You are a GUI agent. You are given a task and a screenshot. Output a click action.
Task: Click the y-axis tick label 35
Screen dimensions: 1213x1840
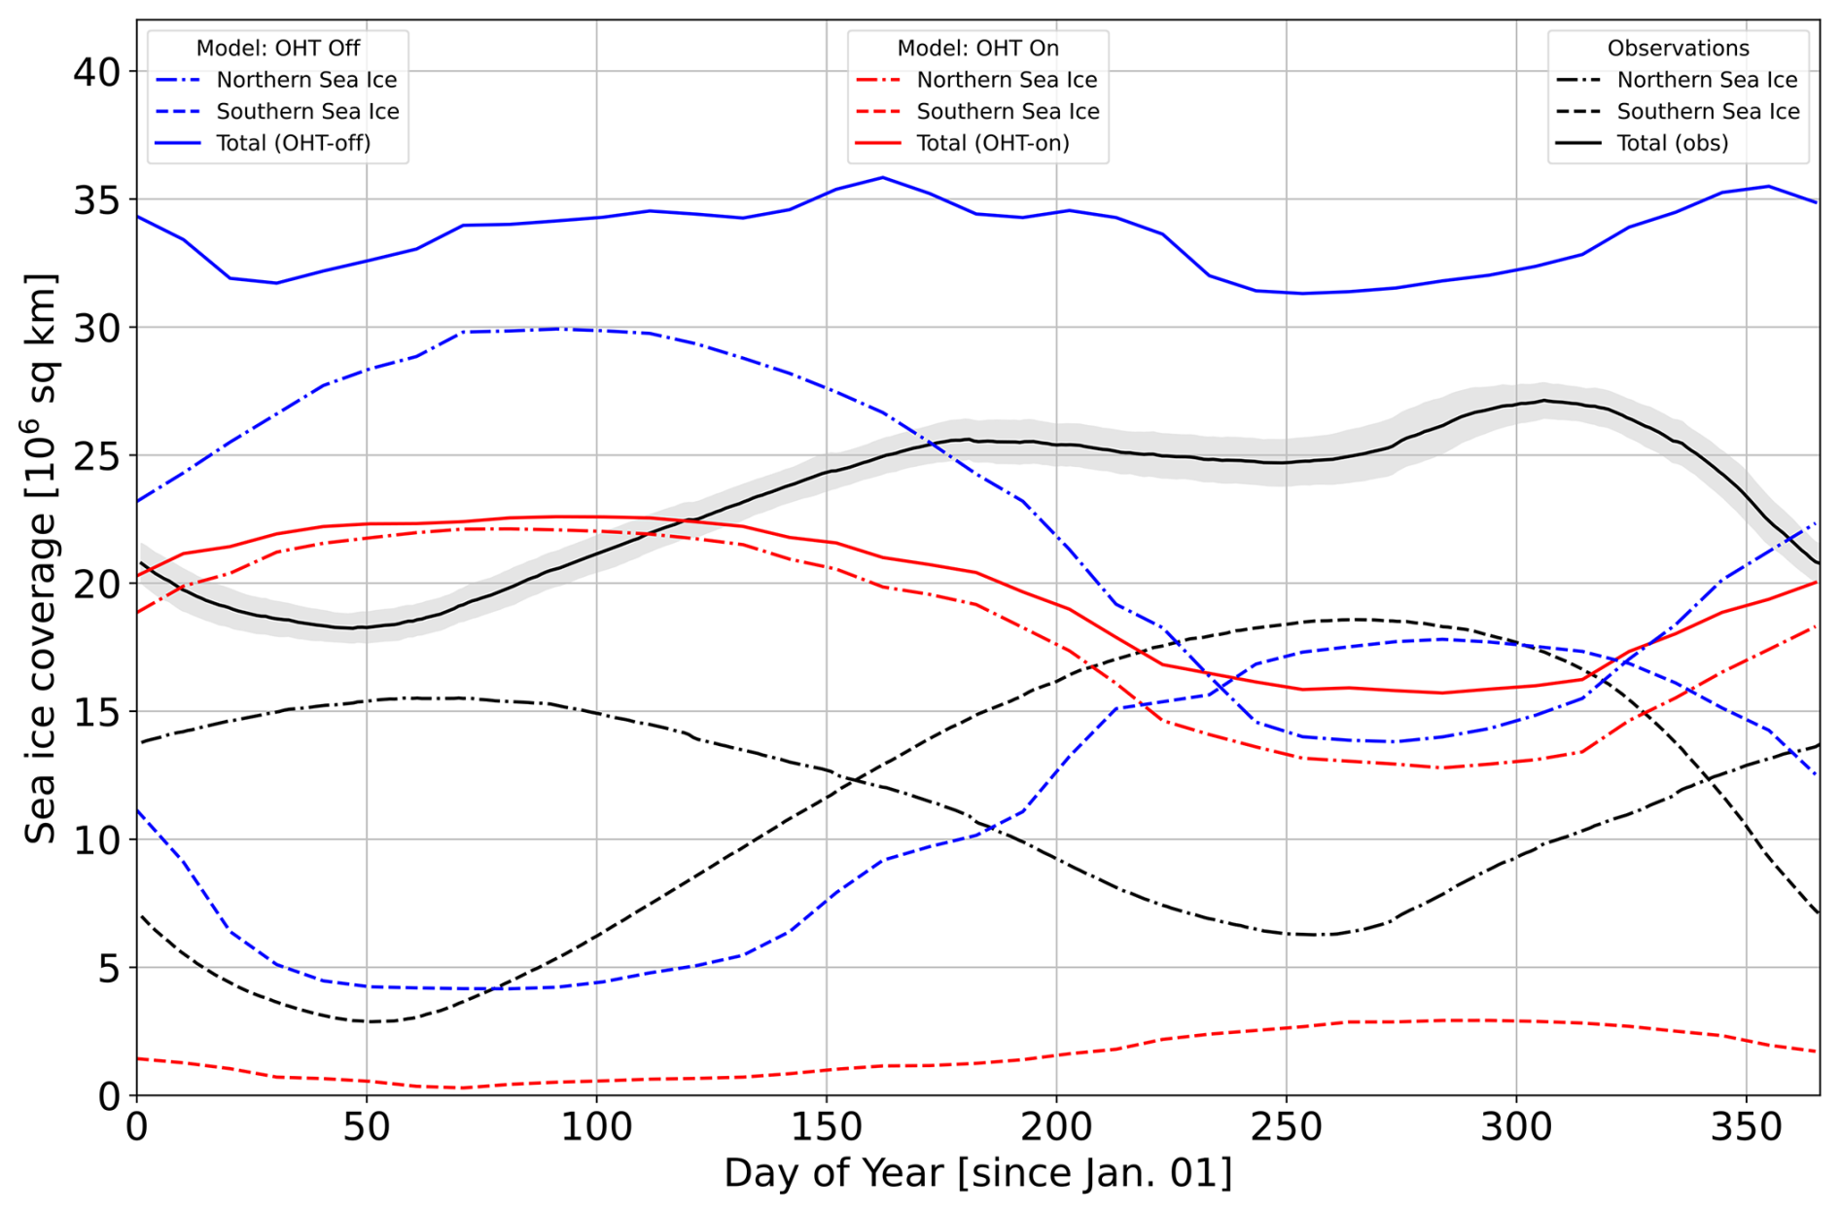96,200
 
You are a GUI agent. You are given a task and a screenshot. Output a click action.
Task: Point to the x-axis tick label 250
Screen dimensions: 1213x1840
1286,1127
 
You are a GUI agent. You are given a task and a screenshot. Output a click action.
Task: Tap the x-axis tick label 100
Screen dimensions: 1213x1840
596,1127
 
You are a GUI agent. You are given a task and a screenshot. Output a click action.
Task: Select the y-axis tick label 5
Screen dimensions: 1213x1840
109,969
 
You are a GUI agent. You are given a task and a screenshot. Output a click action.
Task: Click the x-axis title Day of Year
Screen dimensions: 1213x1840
977,1173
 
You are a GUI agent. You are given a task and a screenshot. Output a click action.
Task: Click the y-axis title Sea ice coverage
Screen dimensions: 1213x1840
41,558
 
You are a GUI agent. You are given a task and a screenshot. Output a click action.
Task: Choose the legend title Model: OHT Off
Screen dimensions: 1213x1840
278,49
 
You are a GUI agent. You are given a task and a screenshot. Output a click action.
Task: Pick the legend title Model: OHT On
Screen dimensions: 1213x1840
977,49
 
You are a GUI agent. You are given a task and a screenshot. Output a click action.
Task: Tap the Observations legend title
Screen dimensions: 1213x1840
1678,49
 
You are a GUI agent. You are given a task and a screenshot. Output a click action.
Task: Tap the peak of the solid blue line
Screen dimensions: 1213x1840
882,177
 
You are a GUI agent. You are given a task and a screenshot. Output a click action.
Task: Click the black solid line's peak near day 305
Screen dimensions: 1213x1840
1542,400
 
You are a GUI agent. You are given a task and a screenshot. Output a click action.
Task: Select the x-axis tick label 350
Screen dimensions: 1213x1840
1746,1127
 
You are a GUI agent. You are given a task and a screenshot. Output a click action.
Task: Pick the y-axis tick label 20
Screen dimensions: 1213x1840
96,585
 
